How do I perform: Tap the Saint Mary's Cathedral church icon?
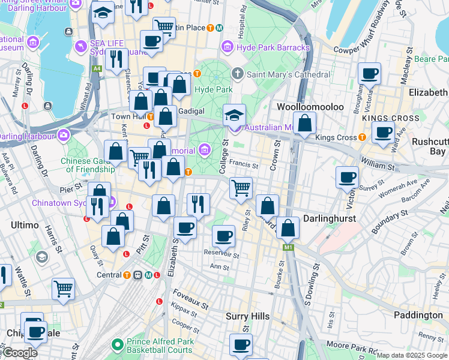238,74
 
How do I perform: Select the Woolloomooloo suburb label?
310,107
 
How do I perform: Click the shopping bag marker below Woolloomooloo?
305,124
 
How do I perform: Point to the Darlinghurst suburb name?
330,218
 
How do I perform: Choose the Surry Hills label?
248,316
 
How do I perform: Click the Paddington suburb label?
418,315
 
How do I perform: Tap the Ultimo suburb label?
24,225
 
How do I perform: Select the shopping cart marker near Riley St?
241,188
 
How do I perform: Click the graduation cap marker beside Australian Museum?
235,115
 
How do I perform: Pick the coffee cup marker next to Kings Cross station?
382,133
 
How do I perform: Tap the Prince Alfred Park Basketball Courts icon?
118,345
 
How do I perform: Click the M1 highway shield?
289,247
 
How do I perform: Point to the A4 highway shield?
97,69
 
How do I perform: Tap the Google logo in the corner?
20,353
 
